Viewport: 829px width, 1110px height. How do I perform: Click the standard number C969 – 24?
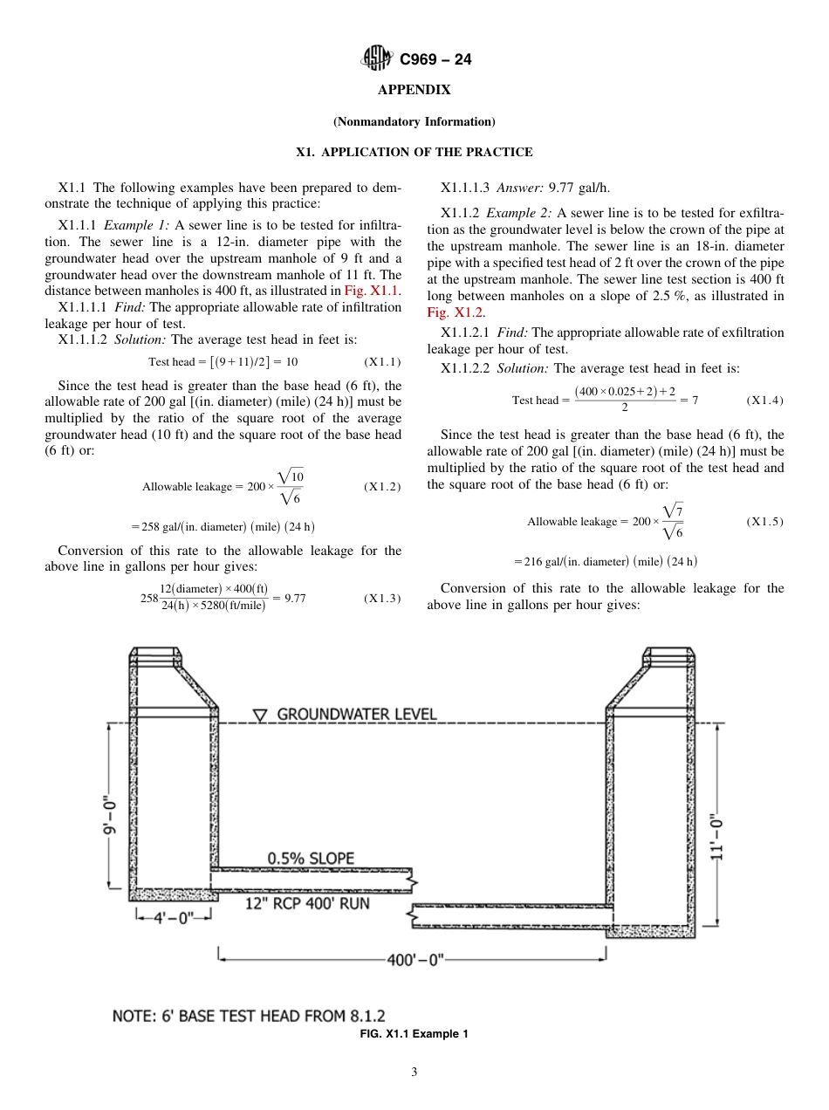pos(435,60)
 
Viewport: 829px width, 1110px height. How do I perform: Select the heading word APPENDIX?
pos(414,90)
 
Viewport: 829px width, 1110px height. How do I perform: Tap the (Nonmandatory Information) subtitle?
pos(414,121)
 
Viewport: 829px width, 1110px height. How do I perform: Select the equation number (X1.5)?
pos(764,522)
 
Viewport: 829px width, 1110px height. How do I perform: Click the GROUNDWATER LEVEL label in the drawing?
pos(357,714)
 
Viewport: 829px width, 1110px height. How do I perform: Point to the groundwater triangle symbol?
pos(260,716)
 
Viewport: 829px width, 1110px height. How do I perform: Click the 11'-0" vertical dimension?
pos(716,838)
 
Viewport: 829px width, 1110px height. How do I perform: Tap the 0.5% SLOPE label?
pos(311,858)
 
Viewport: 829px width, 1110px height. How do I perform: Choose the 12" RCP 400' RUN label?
pos(307,904)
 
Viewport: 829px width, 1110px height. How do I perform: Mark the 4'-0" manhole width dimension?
pos(174,917)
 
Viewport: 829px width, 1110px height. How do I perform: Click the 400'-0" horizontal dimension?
pos(414,959)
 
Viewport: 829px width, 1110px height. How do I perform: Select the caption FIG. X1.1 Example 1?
pos(414,1034)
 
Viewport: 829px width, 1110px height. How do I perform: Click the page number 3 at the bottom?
pos(414,1072)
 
